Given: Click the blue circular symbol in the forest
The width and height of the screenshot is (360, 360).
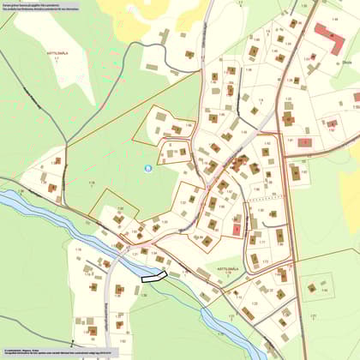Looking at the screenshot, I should tap(148, 168).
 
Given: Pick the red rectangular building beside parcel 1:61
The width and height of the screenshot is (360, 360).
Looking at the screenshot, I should tap(304, 141).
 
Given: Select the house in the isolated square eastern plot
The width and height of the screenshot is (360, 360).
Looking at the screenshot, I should tap(312, 288).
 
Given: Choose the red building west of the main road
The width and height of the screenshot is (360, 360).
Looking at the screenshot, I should tap(236, 229).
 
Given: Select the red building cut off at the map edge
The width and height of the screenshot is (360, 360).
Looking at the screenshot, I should tap(357, 97).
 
